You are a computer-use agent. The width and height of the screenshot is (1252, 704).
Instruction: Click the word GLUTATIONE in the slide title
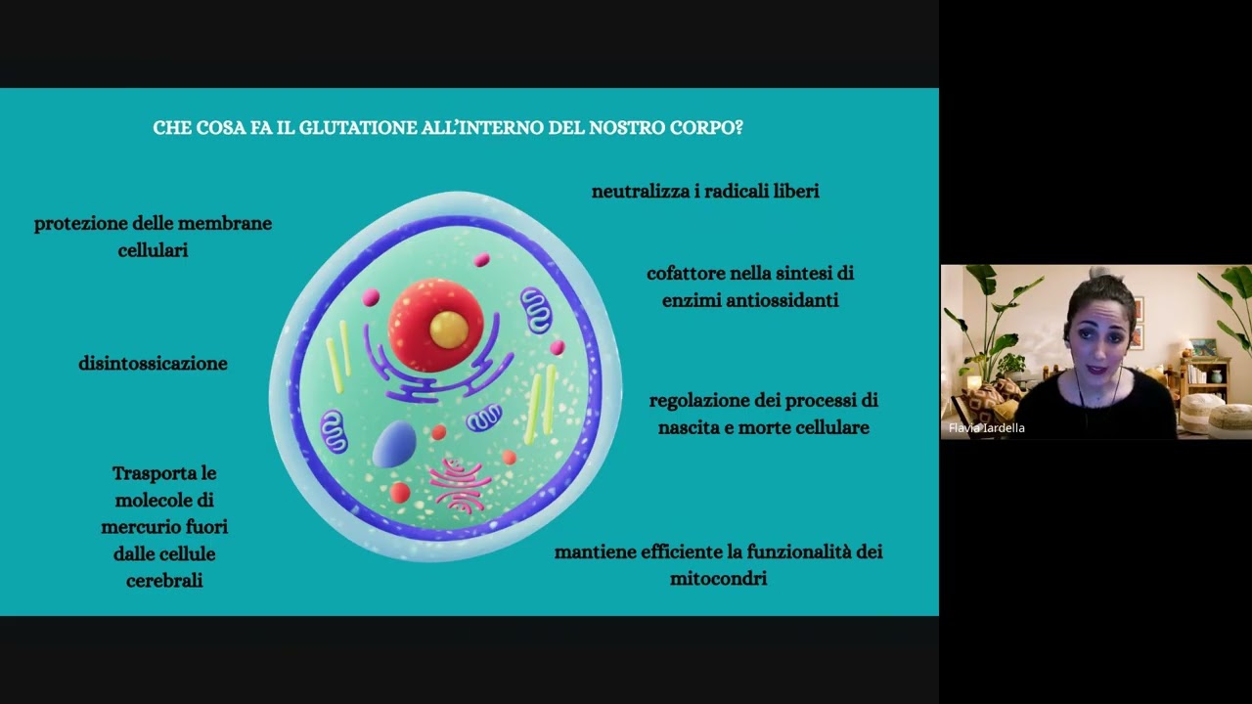click(x=352, y=128)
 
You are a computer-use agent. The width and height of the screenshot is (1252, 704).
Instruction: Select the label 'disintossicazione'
click(x=153, y=364)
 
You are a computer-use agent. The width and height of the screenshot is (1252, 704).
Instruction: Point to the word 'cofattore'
click(x=685, y=274)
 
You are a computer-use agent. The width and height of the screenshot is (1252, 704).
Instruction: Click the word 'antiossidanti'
click(x=779, y=301)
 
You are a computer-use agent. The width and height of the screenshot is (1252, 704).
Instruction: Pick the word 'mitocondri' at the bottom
click(x=718, y=579)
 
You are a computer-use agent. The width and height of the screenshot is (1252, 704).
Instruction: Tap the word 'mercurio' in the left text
click(x=138, y=527)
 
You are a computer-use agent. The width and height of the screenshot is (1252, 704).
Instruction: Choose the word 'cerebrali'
click(x=164, y=581)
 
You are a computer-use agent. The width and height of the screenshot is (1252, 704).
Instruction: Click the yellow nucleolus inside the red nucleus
click(x=449, y=329)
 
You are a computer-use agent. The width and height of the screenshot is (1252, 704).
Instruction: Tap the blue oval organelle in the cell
click(x=394, y=445)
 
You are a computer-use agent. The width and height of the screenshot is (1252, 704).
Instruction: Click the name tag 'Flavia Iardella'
click(x=987, y=428)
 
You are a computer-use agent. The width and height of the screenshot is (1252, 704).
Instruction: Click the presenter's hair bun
click(x=1095, y=275)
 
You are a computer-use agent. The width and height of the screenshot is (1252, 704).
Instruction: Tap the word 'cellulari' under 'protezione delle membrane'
click(x=153, y=250)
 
